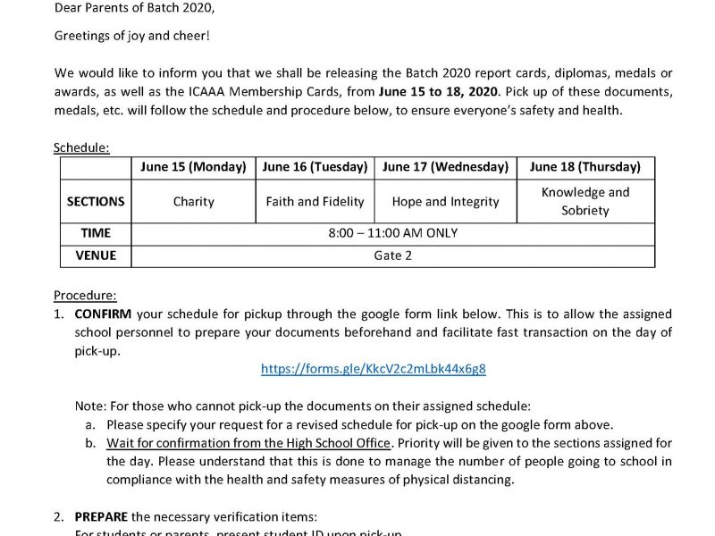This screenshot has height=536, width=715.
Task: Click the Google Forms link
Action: coord(374,369)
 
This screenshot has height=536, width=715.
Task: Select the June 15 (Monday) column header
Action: coord(193,167)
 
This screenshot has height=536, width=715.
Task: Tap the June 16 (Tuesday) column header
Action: coord(315,167)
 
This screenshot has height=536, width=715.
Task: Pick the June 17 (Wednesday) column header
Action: coord(445,167)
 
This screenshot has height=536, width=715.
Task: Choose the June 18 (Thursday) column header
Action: coord(585,167)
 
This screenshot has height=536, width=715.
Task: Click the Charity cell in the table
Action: coord(193,202)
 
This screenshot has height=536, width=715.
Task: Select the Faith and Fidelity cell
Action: coord(315,202)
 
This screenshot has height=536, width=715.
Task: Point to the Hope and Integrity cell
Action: coord(445,202)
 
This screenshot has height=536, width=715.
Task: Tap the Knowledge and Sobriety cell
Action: coord(585,202)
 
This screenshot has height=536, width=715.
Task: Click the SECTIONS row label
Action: coord(96,202)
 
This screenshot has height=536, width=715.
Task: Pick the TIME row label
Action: coord(96,233)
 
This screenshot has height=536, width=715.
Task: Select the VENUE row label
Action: coord(96,255)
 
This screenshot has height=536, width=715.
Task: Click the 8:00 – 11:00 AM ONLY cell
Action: coord(393,233)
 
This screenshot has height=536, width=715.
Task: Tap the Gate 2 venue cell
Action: coord(393,255)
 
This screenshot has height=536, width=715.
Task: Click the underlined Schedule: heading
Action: coord(81,147)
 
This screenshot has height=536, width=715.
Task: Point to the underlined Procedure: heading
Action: coord(85,295)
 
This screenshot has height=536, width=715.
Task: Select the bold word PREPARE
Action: coord(100,516)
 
